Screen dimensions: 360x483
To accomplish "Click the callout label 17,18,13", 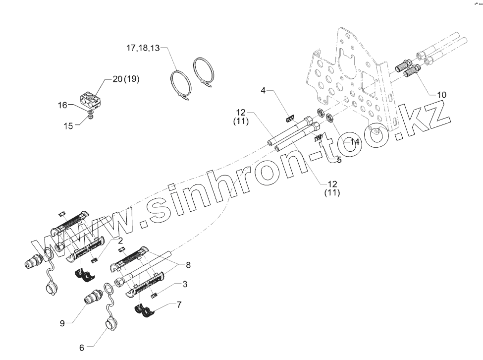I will (x=143, y=48).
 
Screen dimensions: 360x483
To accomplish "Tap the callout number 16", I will (x=62, y=105).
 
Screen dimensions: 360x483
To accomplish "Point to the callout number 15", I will (x=68, y=126).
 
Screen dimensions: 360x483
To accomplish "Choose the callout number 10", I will (x=441, y=94).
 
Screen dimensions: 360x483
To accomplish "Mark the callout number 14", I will (x=355, y=142).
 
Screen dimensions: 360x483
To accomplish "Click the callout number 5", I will (x=339, y=160).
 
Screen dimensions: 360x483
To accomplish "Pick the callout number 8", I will (x=188, y=265).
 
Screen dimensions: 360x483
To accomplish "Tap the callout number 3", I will (x=185, y=284).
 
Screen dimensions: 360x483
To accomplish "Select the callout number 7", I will (x=179, y=304).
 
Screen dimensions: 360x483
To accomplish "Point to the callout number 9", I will (x=62, y=323).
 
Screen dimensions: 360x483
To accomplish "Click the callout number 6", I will (x=82, y=348).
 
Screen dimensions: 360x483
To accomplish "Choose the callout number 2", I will (x=120, y=240).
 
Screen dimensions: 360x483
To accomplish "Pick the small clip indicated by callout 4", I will (x=291, y=118).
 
